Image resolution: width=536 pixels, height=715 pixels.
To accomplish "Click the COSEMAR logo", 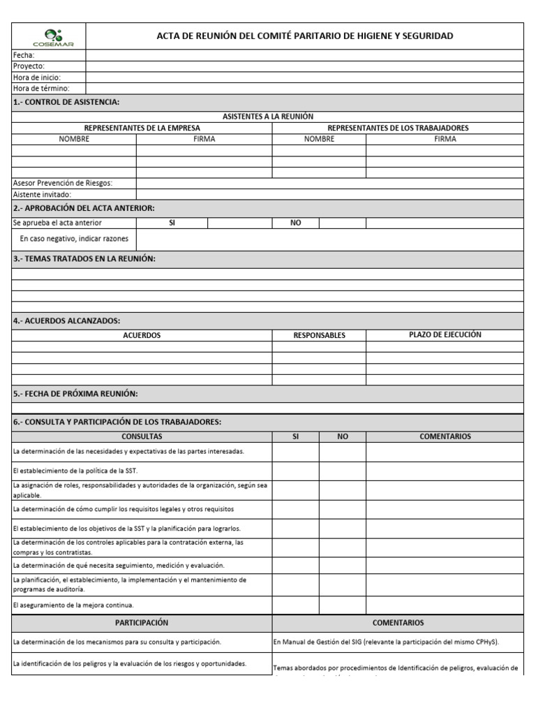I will click(x=48, y=36).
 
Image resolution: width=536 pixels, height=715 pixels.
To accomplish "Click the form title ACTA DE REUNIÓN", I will click(x=304, y=36).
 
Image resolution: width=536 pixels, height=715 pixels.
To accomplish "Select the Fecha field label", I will click(x=23, y=54).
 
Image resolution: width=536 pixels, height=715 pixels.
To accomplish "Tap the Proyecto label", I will click(x=29, y=66).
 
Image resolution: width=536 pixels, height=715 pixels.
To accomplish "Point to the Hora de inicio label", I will click(x=36, y=77).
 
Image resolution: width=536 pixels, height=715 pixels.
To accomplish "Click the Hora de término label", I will click(x=41, y=88).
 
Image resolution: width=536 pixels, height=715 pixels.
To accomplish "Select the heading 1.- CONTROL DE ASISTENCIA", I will click(x=66, y=103).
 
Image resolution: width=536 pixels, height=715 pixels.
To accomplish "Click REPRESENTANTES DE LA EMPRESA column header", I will click(x=142, y=128).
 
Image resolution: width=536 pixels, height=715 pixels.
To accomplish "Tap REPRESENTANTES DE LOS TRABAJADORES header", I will click(x=398, y=128).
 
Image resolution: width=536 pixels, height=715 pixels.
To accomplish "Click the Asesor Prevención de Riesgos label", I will click(x=63, y=183).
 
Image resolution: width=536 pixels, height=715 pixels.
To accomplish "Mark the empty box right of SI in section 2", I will click(x=239, y=223).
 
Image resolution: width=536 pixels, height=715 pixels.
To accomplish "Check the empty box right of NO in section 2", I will click(x=343, y=223).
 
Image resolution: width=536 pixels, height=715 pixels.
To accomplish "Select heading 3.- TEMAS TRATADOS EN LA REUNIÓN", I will click(x=84, y=259).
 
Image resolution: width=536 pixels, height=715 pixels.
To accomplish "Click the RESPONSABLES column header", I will click(x=319, y=335).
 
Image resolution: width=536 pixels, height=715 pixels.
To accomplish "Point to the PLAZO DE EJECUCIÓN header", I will click(x=445, y=334).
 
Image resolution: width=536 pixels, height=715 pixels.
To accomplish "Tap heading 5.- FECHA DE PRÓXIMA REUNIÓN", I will click(x=75, y=394).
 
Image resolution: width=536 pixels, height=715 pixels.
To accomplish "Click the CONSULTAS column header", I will click(x=142, y=436).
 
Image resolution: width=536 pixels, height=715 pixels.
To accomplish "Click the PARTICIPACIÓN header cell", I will click(x=142, y=623).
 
